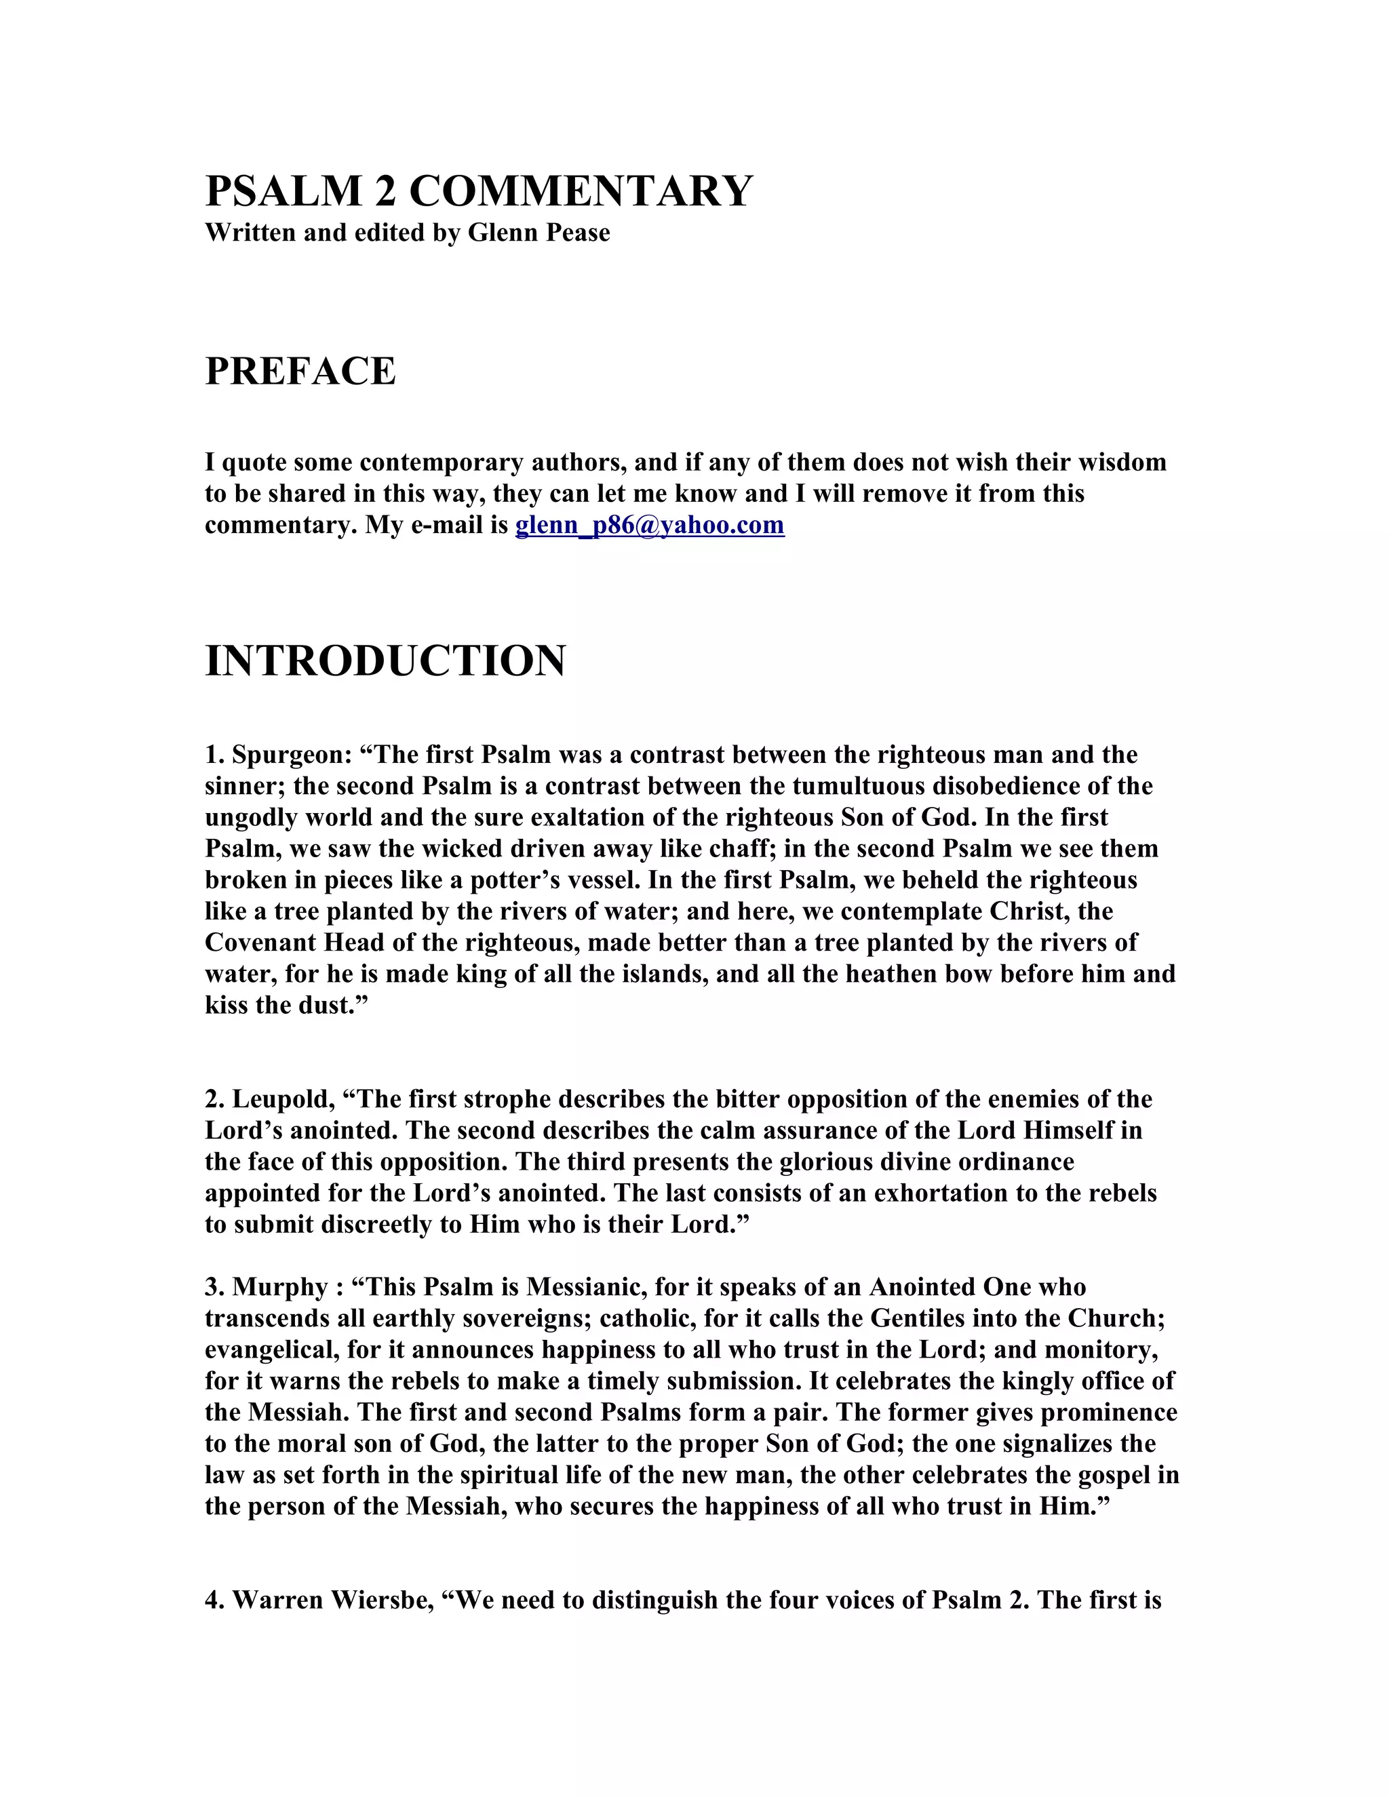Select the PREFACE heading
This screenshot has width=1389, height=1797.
(300, 371)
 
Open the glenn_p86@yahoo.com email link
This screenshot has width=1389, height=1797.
(649, 525)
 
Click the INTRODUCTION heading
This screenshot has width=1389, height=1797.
(385, 660)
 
